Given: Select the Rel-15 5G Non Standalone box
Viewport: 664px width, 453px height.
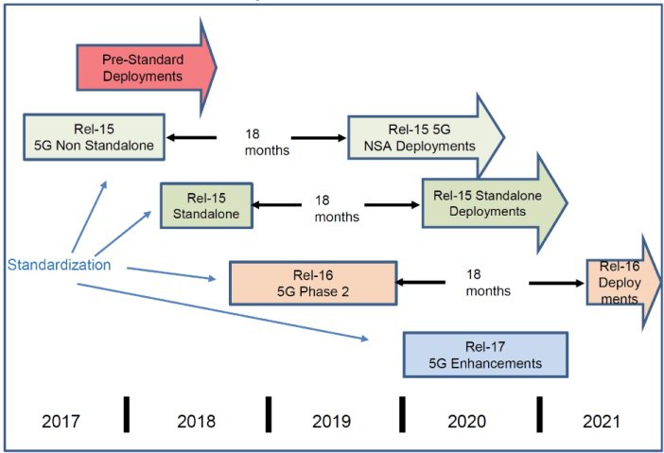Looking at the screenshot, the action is click(x=94, y=137).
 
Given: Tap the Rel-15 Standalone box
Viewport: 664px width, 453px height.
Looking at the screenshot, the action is click(x=206, y=206).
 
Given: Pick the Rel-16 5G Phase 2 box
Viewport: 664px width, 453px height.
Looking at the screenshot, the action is click(x=313, y=283).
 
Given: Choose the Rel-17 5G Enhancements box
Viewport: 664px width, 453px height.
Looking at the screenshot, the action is click(x=485, y=355).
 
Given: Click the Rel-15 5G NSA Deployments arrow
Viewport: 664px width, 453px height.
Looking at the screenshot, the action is click(x=426, y=137).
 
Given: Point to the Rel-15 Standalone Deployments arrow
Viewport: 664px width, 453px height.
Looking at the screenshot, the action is click(x=495, y=203).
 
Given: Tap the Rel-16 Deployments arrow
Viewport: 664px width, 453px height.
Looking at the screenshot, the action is click(x=623, y=283).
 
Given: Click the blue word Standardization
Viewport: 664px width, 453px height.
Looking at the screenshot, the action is click(x=59, y=265).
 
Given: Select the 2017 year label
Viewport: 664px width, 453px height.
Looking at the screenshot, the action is click(x=61, y=421).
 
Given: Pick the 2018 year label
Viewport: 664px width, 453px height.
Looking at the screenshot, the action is click(x=196, y=421).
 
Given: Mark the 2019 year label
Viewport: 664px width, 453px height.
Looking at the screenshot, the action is click(x=331, y=421).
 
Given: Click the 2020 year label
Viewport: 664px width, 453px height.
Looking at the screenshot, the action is click(x=466, y=421).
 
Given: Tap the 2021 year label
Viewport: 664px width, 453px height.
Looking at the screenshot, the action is click(x=602, y=421).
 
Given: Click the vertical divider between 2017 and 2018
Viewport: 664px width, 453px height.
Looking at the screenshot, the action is click(x=127, y=414).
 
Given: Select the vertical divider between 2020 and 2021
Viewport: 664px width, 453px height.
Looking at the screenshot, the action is click(x=539, y=414).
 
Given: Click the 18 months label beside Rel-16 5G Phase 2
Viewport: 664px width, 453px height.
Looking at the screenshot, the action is click(x=488, y=283).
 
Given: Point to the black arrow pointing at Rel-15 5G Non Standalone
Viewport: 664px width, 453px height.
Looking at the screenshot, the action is click(x=191, y=137).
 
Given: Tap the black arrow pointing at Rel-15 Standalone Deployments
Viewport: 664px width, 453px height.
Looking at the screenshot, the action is click(x=393, y=205).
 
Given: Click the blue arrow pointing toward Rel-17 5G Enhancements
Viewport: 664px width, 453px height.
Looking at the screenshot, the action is click(x=222, y=311).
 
